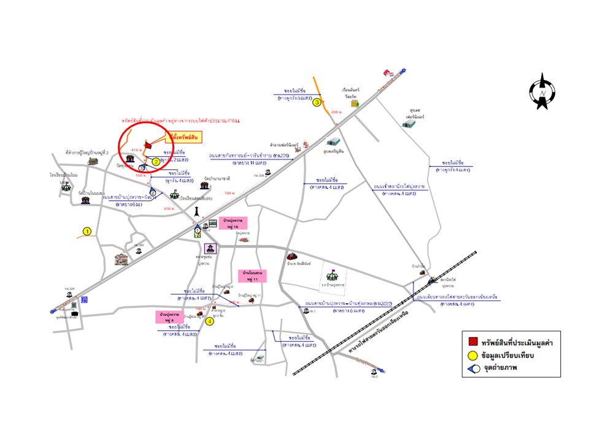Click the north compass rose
coord(542,92)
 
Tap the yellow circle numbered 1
coord(87,232)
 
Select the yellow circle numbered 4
coord(210,320)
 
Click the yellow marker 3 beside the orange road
coord(317,102)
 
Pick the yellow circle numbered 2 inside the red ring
coord(156,162)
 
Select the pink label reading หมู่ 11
coord(253,275)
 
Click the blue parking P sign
coord(85,300)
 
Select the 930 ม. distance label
coord(169,209)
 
